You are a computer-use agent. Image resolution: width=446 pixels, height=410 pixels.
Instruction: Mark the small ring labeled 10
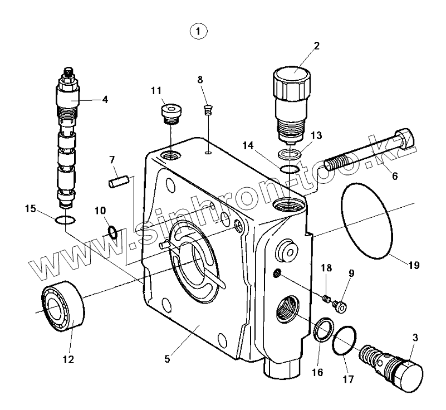[112, 231]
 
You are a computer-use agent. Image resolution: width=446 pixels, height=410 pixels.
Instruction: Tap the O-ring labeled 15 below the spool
[65, 221]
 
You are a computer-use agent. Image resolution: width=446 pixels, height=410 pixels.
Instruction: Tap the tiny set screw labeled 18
[327, 299]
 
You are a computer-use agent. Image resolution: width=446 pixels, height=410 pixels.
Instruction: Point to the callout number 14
[248, 146]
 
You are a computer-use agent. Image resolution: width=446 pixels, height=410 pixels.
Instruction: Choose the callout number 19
[413, 265]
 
